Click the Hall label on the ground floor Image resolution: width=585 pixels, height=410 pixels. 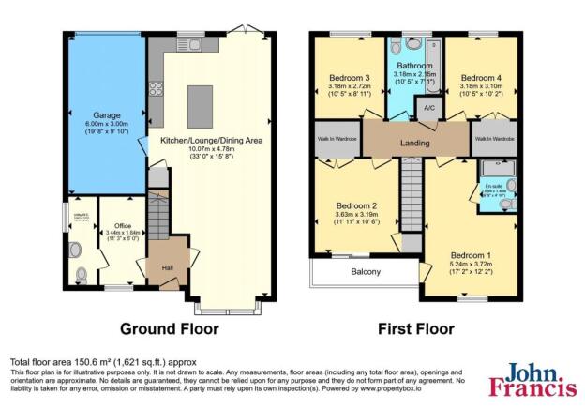click(x=166, y=267)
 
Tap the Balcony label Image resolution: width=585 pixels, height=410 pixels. click(x=366, y=272)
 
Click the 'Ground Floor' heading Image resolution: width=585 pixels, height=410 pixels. click(x=169, y=329)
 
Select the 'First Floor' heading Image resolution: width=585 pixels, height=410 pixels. click(x=414, y=329)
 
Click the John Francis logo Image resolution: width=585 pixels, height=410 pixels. click(x=532, y=384)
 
